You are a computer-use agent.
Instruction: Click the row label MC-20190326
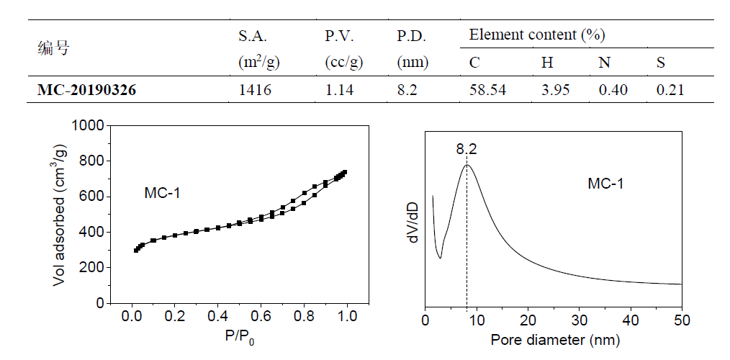(86, 90)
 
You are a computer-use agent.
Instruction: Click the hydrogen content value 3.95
(554, 90)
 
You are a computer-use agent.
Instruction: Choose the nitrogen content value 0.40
(613, 90)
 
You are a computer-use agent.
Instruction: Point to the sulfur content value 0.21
(670, 90)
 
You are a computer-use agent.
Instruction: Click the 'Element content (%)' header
(536, 34)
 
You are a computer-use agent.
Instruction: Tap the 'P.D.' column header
(411, 36)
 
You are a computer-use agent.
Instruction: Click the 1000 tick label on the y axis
(89, 126)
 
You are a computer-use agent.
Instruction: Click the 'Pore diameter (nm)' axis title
(554, 338)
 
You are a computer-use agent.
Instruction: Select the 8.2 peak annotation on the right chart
(467, 150)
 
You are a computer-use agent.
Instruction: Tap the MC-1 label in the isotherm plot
(163, 193)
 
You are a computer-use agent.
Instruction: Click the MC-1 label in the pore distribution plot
(605, 184)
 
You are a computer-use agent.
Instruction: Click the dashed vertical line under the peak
(467, 238)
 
